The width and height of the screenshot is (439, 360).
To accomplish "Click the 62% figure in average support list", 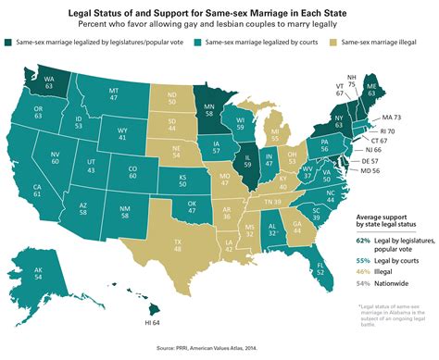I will [363, 239].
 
